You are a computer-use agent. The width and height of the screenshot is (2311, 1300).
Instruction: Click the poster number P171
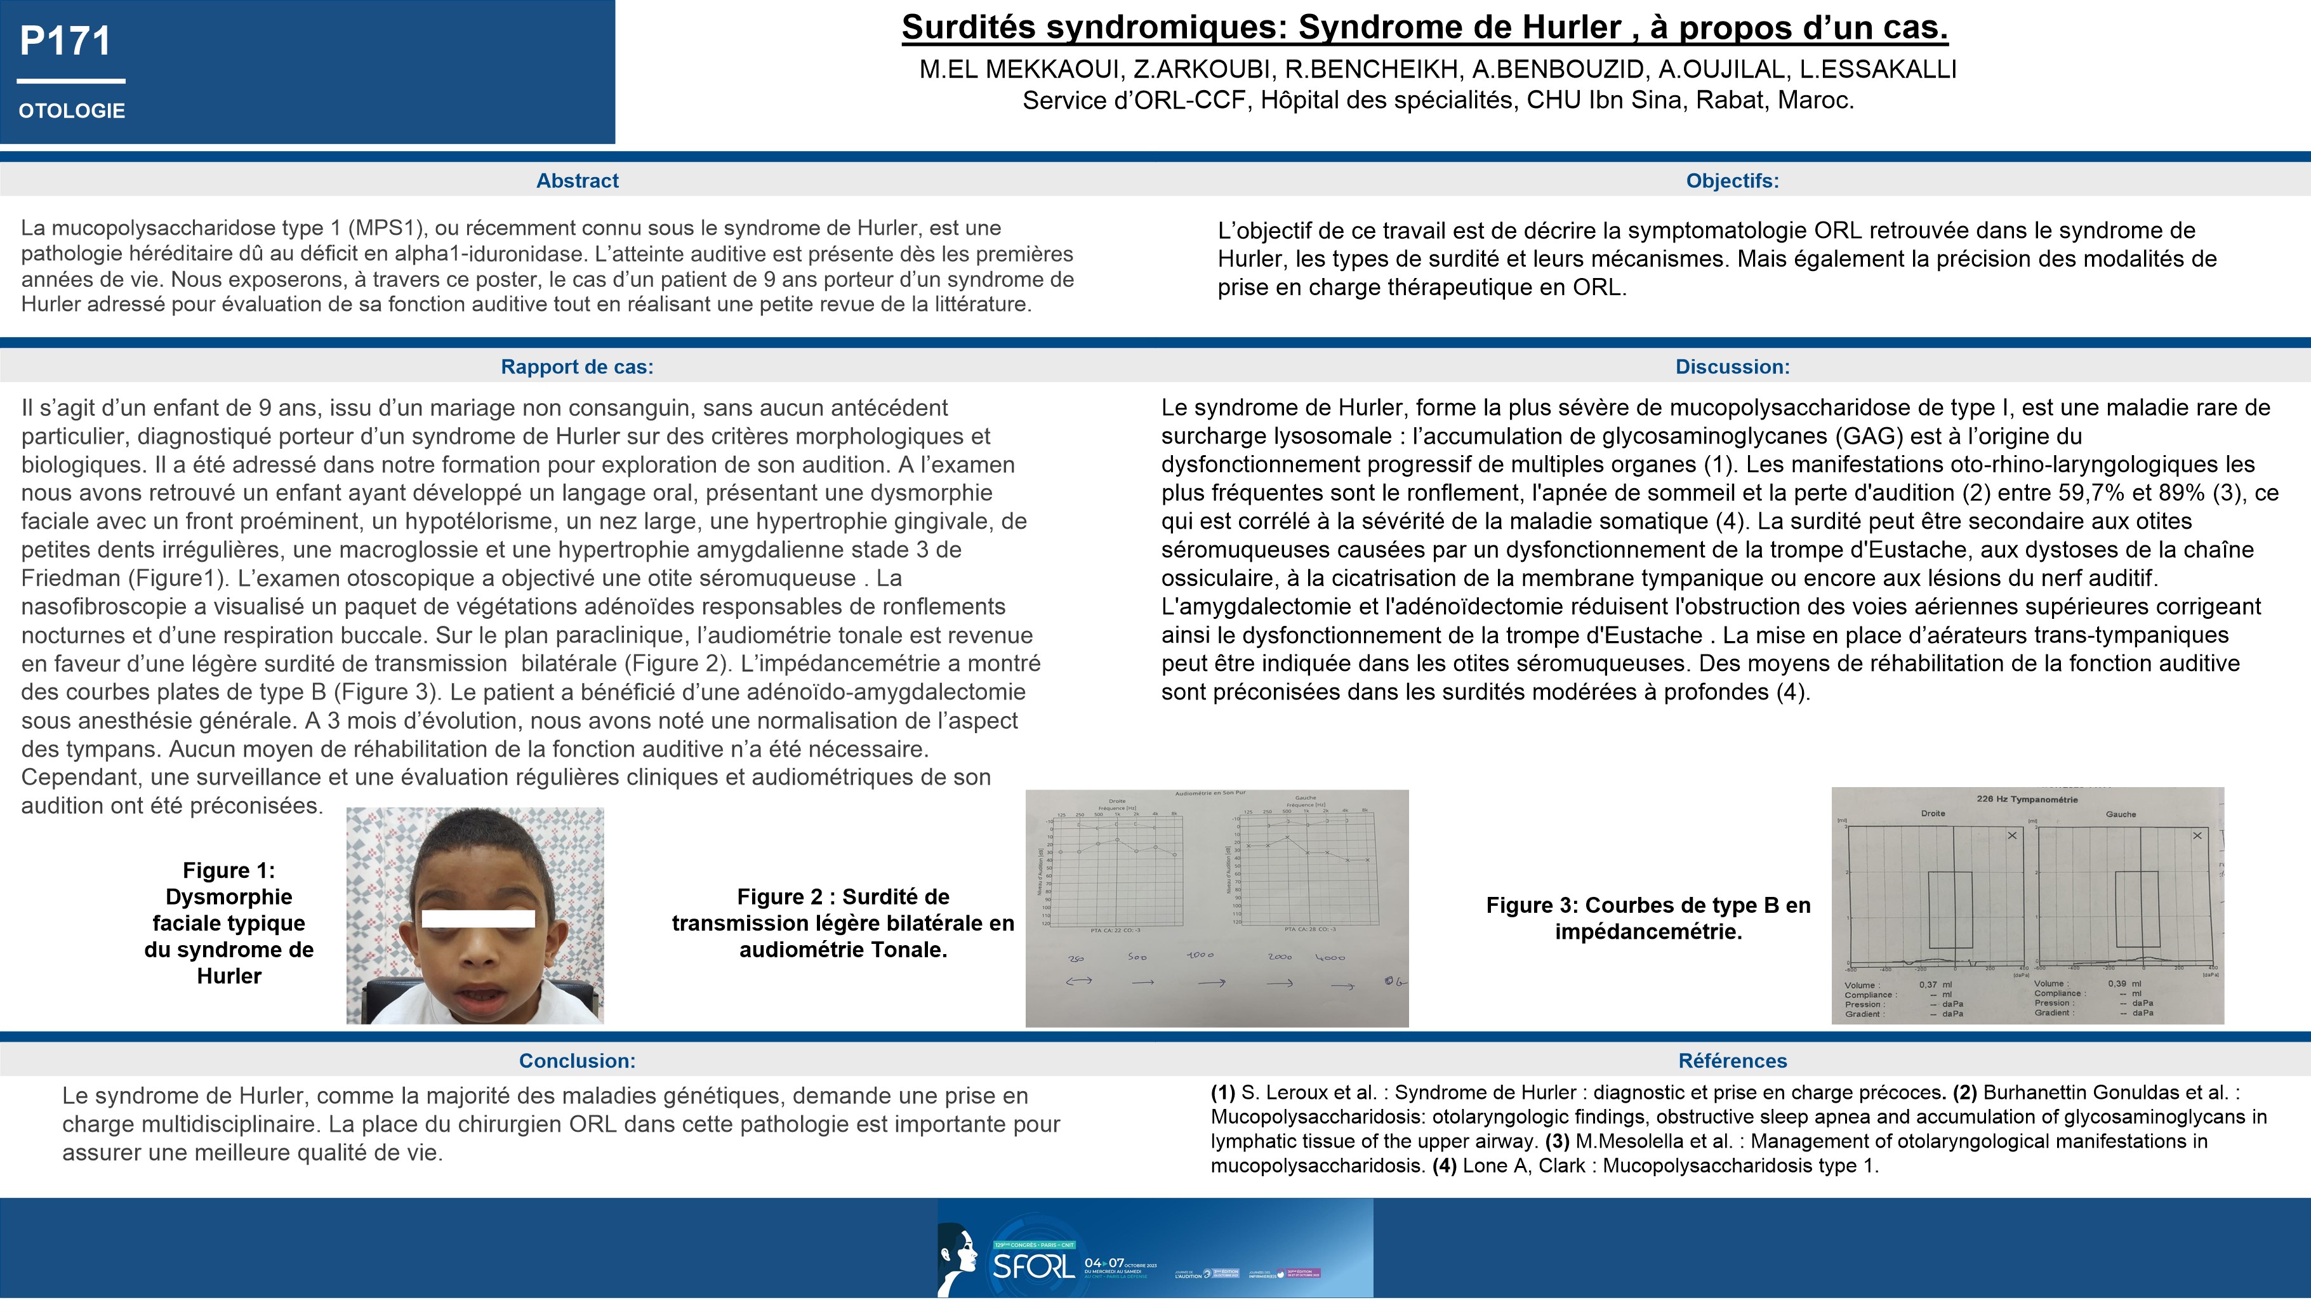pos(65,41)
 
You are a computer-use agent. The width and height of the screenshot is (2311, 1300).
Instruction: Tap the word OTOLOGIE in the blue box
pos(72,111)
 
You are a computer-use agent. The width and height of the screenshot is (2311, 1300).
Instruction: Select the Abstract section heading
pos(577,180)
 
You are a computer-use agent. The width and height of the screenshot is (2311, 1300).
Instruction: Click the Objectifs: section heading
pos(1732,180)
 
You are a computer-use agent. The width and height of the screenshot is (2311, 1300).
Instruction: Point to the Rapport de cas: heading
pos(577,367)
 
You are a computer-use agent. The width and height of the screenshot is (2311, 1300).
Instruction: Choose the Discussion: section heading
pos(1732,367)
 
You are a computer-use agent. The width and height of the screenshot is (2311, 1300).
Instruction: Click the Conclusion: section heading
pos(577,1061)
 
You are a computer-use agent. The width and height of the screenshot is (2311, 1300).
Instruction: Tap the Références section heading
pos(1732,1061)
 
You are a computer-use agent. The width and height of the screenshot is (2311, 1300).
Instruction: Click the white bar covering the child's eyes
pos(478,918)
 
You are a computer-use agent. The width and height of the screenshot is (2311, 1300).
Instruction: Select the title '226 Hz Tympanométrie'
pos(2027,799)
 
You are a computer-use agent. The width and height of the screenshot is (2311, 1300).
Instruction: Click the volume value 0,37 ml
pos(1934,984)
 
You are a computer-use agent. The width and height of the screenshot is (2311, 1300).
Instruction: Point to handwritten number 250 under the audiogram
pos(1076,958)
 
